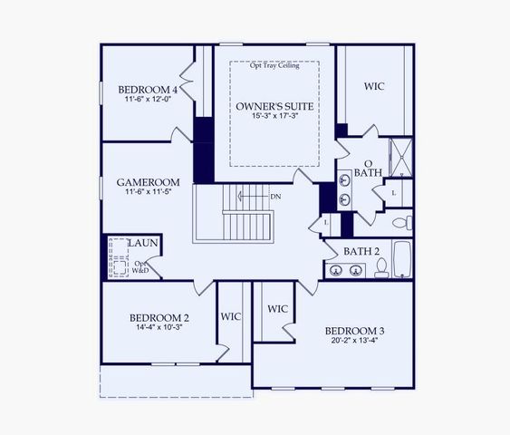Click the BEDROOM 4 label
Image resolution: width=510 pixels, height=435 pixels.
148,90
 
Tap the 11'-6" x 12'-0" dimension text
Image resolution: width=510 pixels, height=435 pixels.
148,101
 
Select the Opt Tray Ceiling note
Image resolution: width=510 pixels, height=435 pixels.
274,65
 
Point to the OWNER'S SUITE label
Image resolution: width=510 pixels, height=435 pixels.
274,107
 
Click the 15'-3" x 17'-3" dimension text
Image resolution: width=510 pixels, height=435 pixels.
274,119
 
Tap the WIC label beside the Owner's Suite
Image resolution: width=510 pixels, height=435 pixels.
375,87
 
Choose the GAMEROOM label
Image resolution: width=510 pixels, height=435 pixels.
149,182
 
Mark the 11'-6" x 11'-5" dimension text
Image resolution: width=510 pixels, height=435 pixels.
149,193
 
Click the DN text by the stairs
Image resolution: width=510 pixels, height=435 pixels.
275,196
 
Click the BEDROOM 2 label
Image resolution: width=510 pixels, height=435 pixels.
159,318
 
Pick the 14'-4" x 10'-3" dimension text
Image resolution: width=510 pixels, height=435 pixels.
159,329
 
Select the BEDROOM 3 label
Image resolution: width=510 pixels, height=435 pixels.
355,330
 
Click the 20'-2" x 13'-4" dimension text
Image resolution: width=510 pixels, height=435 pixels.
355,342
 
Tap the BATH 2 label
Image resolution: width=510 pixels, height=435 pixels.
361,250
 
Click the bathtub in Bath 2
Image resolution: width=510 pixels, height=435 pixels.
403,261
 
